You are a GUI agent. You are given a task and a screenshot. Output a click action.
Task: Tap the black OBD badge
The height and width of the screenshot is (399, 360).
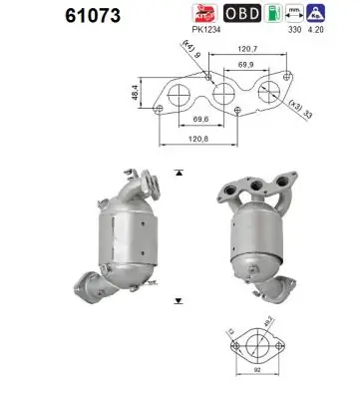coord(243,14)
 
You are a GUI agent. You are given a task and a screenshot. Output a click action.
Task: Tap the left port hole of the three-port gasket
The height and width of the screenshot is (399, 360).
coord(179,97)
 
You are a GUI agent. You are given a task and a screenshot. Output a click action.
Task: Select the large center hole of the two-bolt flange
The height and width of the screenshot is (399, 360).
coord(257,349)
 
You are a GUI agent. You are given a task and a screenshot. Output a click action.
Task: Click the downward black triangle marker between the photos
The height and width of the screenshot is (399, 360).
coord(178,299)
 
